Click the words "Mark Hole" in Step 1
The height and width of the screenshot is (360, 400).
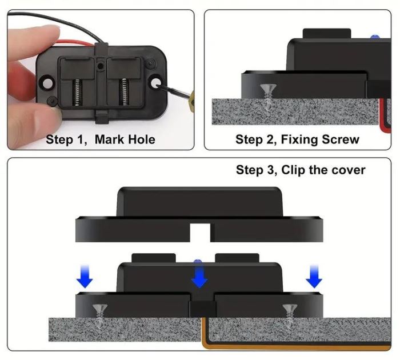point(125,139)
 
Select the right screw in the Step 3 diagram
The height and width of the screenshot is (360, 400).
point(289,314)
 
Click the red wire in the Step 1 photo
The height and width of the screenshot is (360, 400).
point(74,42)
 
